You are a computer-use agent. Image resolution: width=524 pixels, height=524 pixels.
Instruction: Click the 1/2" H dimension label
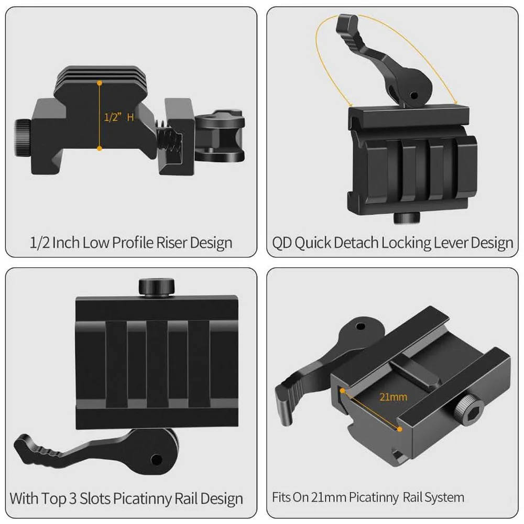tap(118, 117)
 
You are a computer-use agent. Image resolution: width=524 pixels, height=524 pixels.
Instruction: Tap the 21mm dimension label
tap(394, 397)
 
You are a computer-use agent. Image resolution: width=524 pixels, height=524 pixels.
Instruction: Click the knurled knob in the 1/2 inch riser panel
tap(23, 138)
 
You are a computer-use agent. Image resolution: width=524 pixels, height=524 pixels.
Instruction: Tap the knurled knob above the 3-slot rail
tap(157, 287)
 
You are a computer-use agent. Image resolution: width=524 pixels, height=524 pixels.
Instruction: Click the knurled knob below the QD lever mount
tap(407, 218)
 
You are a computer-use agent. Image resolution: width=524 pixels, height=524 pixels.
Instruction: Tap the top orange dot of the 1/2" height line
tap(100, 83)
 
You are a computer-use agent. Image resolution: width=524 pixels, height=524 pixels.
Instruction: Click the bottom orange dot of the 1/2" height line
tap(99, 148)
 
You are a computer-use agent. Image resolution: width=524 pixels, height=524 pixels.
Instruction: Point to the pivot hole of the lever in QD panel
tap(414, 96)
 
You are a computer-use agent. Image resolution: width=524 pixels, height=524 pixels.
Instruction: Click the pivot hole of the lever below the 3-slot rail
tap(156, 460)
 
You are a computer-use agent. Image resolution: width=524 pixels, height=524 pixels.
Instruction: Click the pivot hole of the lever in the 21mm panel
tap(361, 326)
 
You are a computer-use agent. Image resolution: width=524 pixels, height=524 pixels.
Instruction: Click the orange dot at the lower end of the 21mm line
tap(400, 429)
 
